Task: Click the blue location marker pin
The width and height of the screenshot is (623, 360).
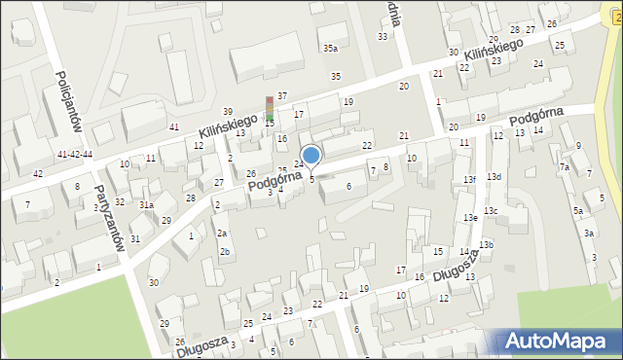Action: pos(311,156)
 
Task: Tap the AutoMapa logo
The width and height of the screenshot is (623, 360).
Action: pos(560,341)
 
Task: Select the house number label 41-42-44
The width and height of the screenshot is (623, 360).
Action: pos(75,155)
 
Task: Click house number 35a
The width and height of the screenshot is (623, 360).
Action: pos(331,48)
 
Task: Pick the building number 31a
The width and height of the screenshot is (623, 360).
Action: pos(146,205)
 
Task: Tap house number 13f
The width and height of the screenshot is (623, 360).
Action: pos(469,180)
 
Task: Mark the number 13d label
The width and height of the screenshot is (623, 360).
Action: pos(495,176)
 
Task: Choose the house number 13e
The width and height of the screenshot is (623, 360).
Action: pos(471,218)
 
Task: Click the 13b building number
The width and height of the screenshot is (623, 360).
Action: pos(486,244)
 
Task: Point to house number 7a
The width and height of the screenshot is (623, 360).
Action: pos(564,167)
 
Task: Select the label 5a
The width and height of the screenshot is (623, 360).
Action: pos(577,211)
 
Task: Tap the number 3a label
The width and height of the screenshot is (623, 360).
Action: pos(589,234)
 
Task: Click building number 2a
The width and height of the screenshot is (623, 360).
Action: pos(222,234)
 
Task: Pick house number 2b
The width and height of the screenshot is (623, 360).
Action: pos(225,253)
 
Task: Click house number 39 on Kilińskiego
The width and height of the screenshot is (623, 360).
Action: pos(228,112)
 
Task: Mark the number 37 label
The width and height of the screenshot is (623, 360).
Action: pos(282,95)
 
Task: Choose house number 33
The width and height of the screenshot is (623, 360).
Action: pos(383,36)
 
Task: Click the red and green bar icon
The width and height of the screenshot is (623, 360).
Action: pos(270,108)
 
